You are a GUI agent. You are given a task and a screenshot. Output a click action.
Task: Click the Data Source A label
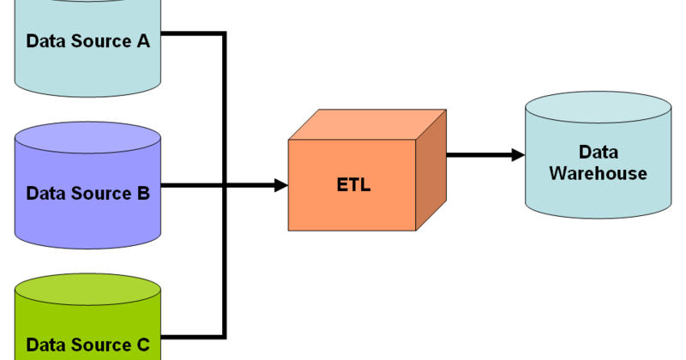click(x=87, y=40)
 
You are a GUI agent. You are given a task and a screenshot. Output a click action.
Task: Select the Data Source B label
click(x=87, y=193)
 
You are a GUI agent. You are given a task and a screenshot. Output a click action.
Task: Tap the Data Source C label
click(x=87, y=345)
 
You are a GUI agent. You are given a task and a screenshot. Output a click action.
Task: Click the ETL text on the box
click(x=352, y=184)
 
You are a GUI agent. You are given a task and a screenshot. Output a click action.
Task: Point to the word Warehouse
click(x=598, y=173)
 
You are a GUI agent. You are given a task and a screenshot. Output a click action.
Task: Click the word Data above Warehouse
click(x=599, y=152)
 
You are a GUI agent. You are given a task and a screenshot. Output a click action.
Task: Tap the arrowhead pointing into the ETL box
click(x=280, y=184)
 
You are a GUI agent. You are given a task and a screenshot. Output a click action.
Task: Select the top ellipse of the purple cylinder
click(x=87, y=137)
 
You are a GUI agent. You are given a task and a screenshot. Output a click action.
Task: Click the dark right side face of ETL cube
click(x=430, y=171)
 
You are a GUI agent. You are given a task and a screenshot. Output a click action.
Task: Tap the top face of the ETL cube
click(x=367, y=125)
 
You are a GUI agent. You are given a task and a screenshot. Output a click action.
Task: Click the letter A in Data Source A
click(x=143, y=40)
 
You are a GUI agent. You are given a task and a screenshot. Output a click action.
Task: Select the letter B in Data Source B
click(x=143, y=193)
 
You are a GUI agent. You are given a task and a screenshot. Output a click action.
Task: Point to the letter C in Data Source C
click(x=143, y=345)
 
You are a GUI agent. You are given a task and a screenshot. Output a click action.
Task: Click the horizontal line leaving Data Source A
click(x=193, y=34)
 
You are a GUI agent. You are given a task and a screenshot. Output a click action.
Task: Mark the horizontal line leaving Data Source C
click(x=193, y=335)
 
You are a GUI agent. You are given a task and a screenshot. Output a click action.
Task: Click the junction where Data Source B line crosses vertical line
click(x=225, y=184)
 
